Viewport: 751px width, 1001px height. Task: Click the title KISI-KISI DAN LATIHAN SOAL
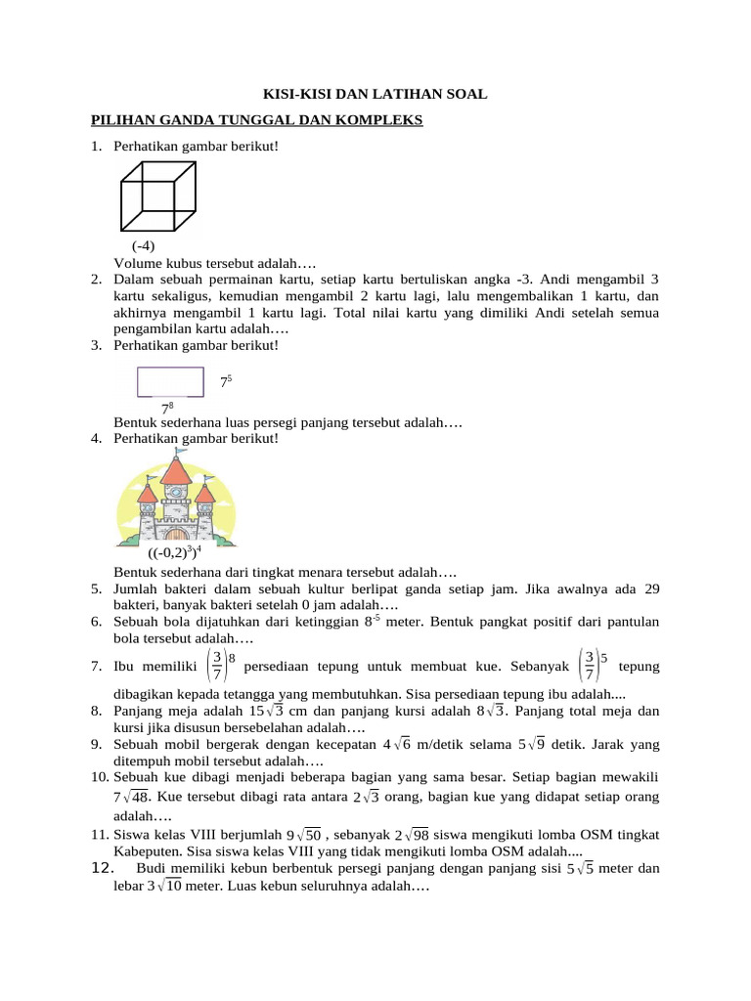[375, 94]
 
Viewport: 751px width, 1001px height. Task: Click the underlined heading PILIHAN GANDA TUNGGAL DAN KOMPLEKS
[256, 120]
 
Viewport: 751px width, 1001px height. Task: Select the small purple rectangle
[170, 381]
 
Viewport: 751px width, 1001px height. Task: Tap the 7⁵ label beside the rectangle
[225, 381]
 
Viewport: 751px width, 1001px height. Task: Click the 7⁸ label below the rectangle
[168, 407]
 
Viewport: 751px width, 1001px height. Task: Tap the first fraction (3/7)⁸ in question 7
[220, 666]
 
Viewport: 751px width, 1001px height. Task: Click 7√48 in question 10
[133, 797]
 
